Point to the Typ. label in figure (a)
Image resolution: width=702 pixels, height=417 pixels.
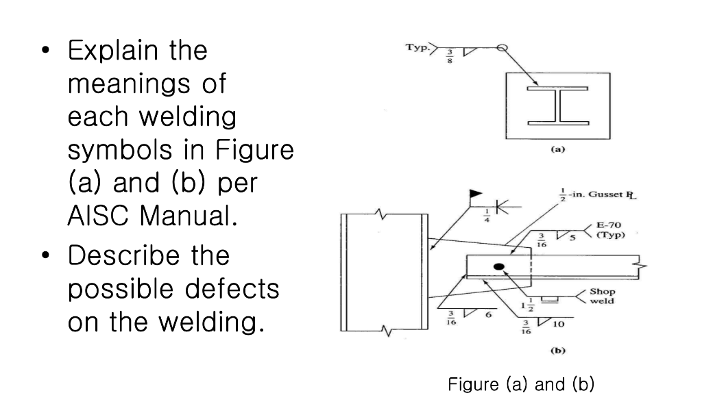(417, 49)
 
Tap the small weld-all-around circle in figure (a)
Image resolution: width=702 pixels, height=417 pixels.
(501, 48)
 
